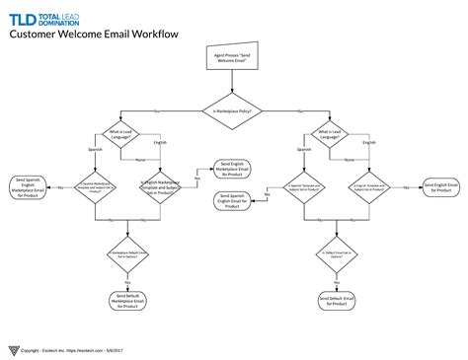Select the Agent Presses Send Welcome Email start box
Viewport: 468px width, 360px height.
click(x=233, y=60)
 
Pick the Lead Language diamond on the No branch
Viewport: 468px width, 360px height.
click(x=330, y=133)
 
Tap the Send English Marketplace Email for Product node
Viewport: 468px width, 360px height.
click(x=232, y=173)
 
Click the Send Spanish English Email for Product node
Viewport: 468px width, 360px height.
click(x=232, y=200)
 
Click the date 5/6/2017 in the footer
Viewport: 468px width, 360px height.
click(x=128, y=349)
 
